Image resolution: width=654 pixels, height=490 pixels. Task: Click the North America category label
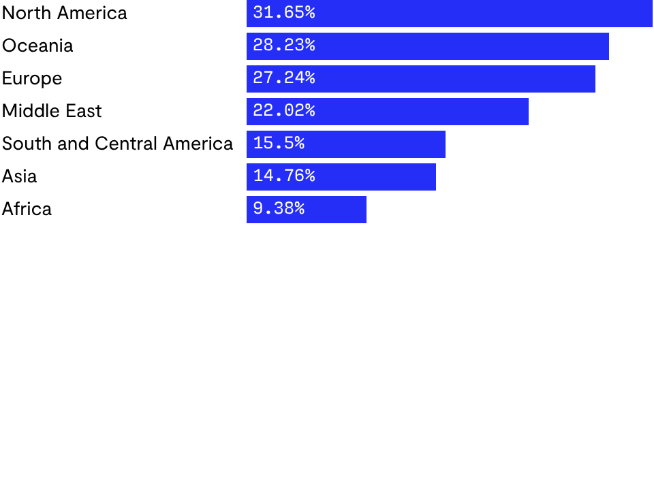tap(65, 13)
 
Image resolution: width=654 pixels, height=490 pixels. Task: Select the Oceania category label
tap(37, 46)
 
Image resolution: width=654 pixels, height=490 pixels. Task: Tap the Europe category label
tap(32, 78)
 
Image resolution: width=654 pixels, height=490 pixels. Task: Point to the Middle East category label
tap(52, 111)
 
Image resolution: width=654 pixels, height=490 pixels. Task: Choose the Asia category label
tap(20, 176)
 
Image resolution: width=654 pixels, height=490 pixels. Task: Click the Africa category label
tap(27, 209)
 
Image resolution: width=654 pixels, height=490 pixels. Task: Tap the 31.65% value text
tap(284, 13)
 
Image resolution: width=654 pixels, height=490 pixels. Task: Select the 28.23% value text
tap(284, 46)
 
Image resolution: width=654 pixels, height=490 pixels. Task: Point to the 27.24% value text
tap(284, 78)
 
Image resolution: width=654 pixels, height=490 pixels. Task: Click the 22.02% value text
tap(284, 111)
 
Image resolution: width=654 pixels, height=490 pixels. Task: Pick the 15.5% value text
tap(279, 144)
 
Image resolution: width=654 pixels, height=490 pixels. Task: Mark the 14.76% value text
tap(284, 176)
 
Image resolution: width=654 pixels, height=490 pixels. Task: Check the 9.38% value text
tap(279, 209)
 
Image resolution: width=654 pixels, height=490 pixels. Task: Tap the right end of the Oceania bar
tap(607, 46)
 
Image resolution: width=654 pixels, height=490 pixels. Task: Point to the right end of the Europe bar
tap(593, 78)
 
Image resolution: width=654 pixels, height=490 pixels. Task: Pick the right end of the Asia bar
tap(434, 176)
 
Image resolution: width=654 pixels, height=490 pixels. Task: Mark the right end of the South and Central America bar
tap(443, 144)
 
